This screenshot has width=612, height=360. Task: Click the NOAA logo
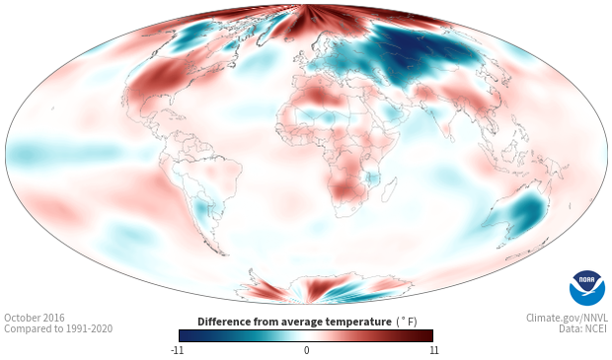587,288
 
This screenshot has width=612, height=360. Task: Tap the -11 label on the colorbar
178,350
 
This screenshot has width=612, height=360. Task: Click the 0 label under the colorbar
306,350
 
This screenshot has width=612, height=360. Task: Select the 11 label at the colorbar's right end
434,350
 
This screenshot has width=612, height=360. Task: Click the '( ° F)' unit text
407,323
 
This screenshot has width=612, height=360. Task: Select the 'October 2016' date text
35,318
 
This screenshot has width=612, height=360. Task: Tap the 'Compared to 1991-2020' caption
58,328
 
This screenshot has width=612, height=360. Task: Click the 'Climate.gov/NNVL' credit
567,318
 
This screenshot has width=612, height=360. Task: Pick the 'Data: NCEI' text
583,328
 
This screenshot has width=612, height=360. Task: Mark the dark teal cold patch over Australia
529,213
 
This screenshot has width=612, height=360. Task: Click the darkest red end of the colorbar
428,335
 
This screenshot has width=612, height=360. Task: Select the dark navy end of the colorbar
185,335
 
